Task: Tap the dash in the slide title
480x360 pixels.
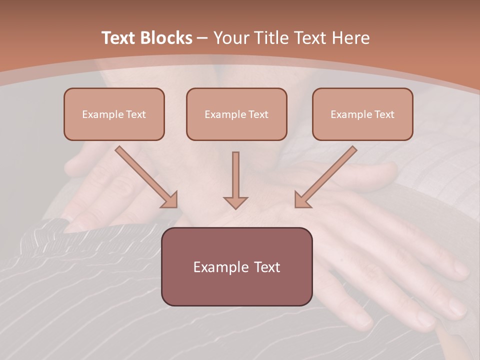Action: click(202, 38)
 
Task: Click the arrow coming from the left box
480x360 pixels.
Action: click(145, 176)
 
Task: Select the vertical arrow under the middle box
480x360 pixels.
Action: click(235, 177)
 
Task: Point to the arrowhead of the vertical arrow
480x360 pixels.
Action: click(235, 202)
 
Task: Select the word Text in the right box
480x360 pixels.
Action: click(384, 114)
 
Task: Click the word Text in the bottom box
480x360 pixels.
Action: click(267, 267)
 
